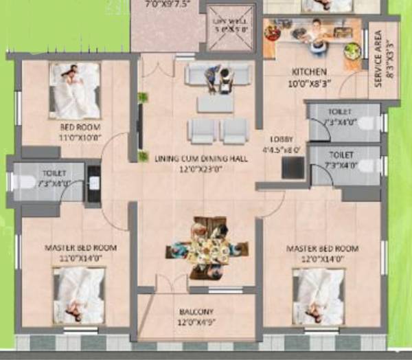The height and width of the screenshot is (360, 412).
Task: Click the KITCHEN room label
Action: click(308, 71)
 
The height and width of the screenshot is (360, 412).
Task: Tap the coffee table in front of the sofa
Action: click(216, 103)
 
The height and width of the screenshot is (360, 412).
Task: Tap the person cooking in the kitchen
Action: click(314, 33)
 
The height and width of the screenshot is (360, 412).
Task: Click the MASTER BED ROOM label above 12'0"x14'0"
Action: click(330, 248)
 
